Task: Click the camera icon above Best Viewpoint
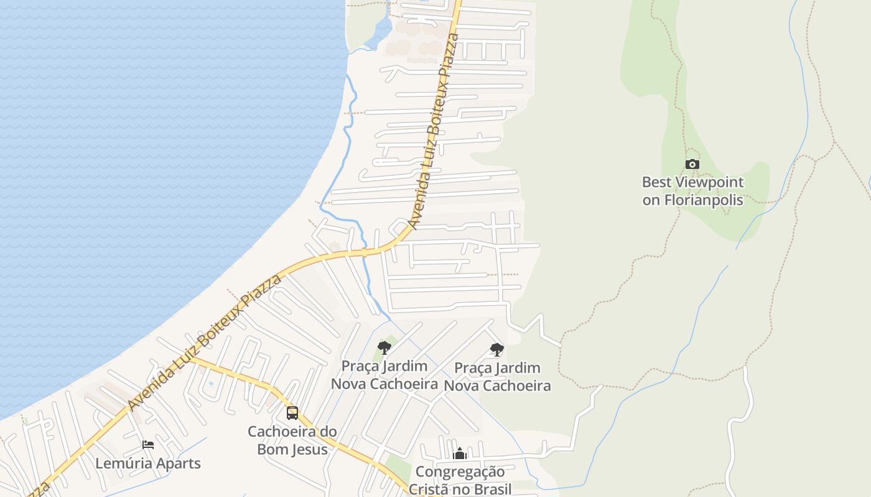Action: [692, 165]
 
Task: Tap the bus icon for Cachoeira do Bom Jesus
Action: [292, 413]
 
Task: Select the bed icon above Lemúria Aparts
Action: [148, 445]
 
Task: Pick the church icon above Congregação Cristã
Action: [460, 454]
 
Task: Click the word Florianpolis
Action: [703, 200]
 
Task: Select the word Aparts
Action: [177, 463]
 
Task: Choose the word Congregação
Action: [460, 472]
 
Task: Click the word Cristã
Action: [430, 489]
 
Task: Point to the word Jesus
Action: [309, 449]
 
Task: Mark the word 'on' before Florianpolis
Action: [651, 200]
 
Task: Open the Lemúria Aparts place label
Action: [148, 463]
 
